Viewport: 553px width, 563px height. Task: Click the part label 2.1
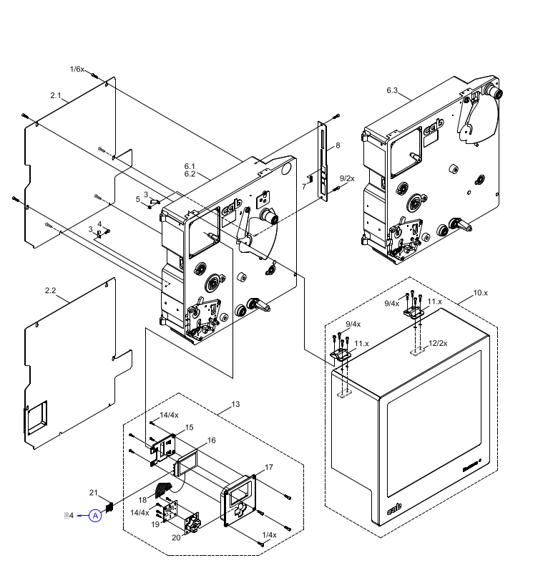click(57, 95)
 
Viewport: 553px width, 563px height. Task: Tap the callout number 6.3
click(392, 90)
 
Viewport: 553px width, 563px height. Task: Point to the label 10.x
click(480, 293)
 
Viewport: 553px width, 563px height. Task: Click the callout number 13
click(235, 405)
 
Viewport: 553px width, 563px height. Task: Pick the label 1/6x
click(77, 69)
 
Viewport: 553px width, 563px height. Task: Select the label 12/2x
click(437, 344)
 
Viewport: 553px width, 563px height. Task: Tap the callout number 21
click(94, 492)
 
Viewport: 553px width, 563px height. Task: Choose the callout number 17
click(269, 467)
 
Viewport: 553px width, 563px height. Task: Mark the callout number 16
click(211, 440)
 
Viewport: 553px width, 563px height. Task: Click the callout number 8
click(338, 145)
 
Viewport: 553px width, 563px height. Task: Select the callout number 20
click(177, 537)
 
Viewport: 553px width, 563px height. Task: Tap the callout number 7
click(303, 186)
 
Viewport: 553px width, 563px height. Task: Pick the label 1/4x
click(269, 535)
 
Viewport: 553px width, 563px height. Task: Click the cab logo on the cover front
click(395, 509)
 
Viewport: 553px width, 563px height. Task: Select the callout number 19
click(155, 524)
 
